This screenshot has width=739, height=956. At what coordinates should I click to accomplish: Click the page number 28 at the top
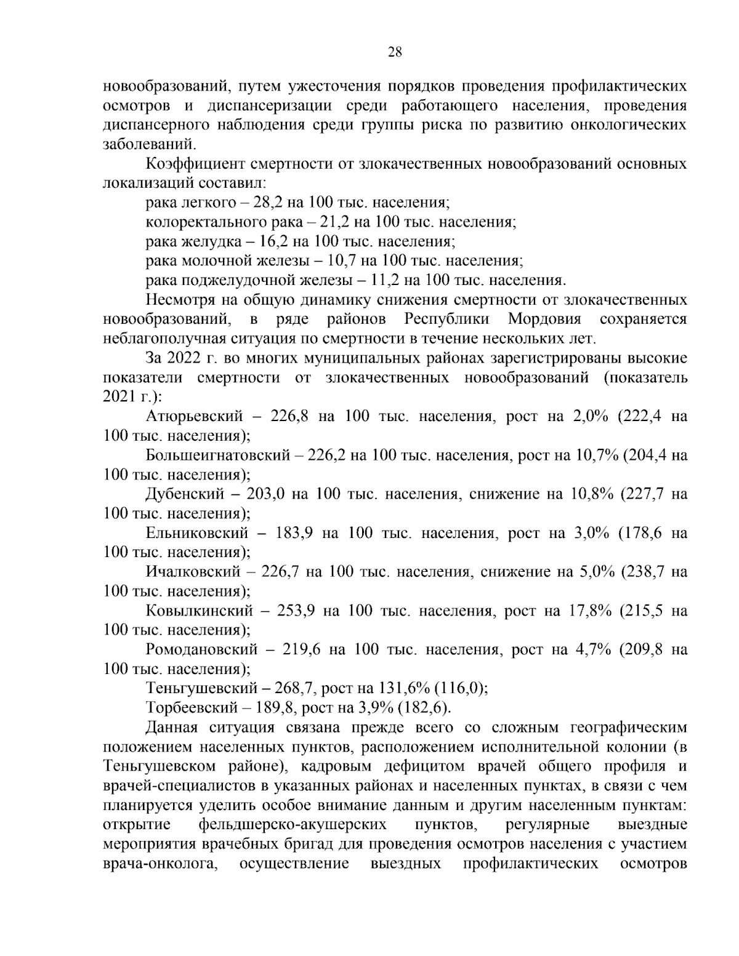[394, 52]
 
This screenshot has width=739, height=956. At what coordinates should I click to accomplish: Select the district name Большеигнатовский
[217, 456]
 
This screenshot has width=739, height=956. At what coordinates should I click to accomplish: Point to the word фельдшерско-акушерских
[293, 824]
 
